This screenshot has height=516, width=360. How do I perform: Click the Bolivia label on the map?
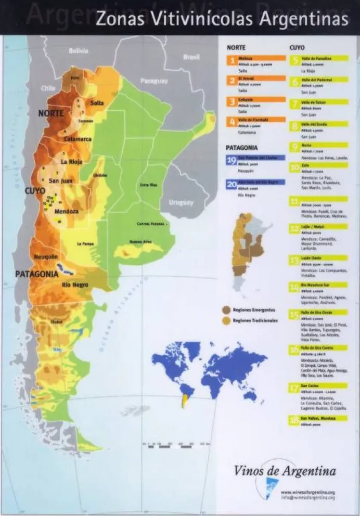79,50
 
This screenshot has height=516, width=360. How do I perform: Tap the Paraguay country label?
154,81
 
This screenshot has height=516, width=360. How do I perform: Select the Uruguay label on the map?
181,202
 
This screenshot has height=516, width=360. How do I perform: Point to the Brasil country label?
192,57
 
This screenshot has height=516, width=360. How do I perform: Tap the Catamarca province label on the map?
78,139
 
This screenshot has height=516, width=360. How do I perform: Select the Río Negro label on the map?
75,285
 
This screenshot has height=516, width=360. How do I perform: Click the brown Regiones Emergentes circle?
226,309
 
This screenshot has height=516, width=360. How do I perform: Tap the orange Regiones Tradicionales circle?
226,321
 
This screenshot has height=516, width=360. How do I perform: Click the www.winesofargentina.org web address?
307,492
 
